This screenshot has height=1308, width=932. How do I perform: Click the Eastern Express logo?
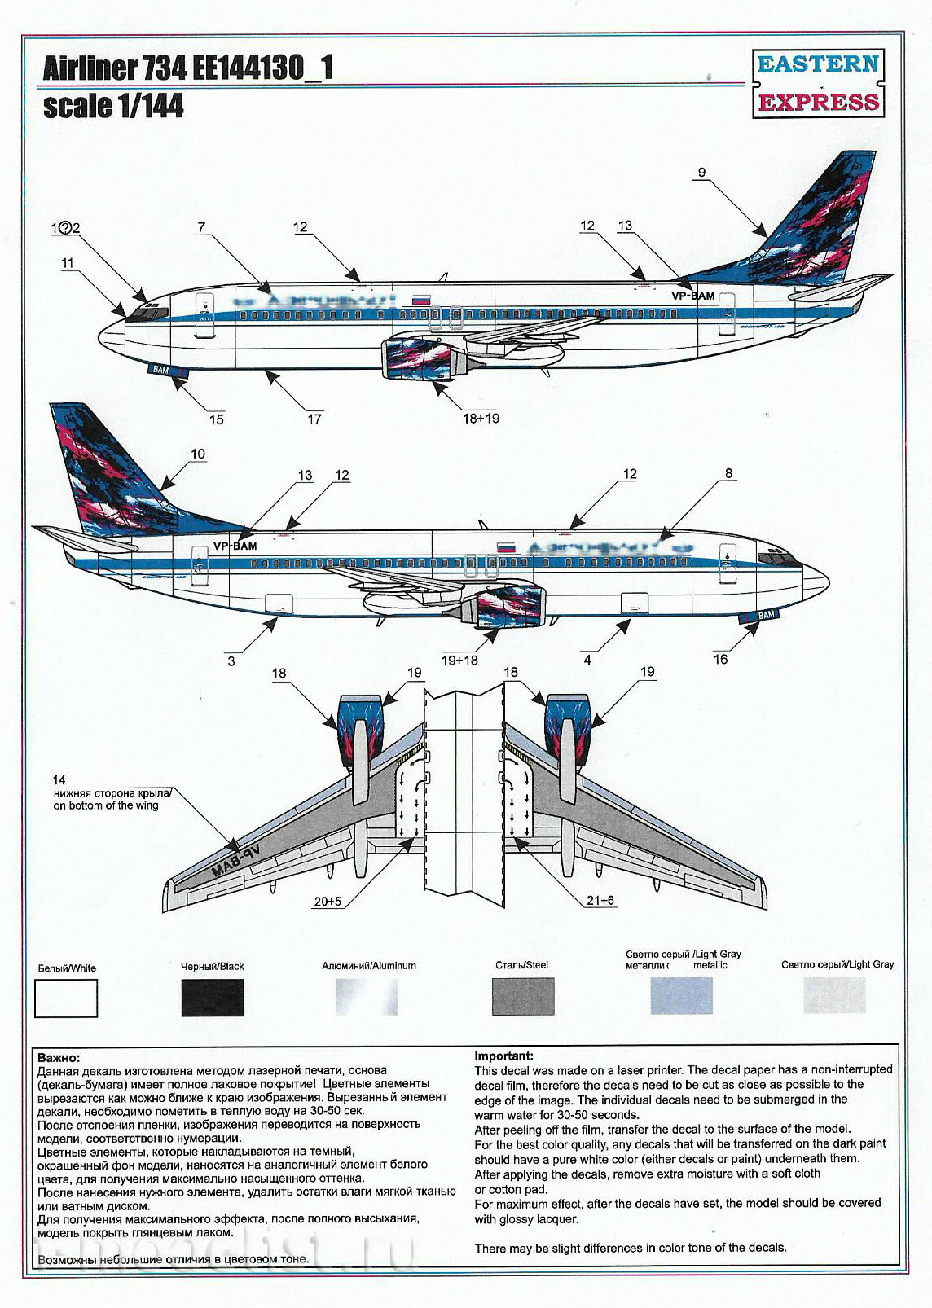[817, 83]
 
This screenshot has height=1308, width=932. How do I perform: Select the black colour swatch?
[212, 997]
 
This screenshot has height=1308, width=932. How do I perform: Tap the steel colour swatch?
[522, 996]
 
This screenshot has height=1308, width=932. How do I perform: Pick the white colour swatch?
[66, 998]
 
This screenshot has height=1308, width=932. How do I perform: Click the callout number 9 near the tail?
[701, 173]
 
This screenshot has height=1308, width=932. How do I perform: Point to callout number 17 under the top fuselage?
[314, 419]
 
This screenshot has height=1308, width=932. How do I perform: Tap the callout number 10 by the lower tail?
[198, 454]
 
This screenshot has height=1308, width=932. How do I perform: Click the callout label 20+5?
[327, 902]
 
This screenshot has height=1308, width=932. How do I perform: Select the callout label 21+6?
[600, 900]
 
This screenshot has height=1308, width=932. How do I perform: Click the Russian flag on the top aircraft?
[421, 300]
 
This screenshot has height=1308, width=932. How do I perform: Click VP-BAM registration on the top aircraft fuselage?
[692, 296]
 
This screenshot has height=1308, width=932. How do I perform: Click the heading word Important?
[504, 1056]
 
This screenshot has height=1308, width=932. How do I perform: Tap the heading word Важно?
[59, 1057]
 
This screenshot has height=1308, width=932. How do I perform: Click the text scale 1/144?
[113, 107]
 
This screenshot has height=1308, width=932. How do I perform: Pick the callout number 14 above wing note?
[59, 780]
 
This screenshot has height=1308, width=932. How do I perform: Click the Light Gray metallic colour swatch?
[681, 996]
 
